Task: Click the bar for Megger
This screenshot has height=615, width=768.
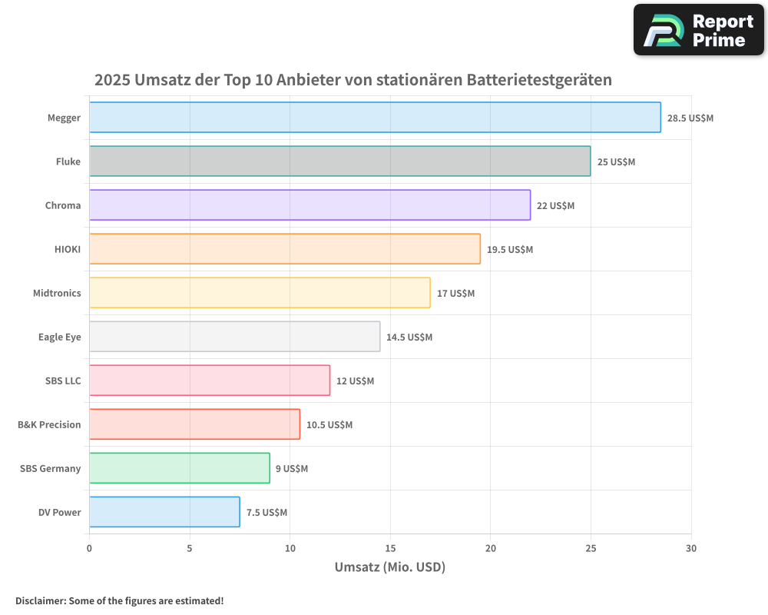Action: coord(375,118)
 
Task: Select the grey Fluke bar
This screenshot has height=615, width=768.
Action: coord(339,161)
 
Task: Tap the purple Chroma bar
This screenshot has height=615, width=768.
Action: coord(310,205)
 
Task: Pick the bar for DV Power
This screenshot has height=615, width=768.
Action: coord(164,512)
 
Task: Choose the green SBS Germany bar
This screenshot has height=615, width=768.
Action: coord(179,468)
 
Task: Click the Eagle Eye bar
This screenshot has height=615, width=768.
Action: coord(234,337)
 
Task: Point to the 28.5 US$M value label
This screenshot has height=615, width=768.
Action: coord(690,118)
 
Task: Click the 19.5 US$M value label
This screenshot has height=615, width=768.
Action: coord(509,250)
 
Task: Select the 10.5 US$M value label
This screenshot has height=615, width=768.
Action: coord(329,425)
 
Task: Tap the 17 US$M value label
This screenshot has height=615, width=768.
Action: coord(455,294)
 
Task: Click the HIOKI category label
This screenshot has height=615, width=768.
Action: coord(67,250)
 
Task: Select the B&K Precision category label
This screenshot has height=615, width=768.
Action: coord(49,425)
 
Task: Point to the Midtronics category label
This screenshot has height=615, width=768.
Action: coord(57,294)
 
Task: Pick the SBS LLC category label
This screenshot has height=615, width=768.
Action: coord(63,381)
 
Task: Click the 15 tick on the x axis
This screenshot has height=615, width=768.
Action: coord(390,548)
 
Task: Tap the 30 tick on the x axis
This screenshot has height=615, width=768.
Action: coord(691,548)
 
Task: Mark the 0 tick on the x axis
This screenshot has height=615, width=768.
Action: coord(90,548)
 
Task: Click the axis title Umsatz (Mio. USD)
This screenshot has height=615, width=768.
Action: coord(390,567)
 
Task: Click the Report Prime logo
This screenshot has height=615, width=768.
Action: coord(698,30)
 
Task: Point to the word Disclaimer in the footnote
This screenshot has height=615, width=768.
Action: coord(40,601)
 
